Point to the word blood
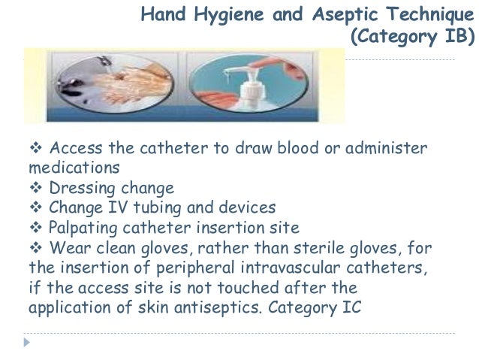click(x=279, y=147)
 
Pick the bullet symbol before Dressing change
click(x=35, y=186)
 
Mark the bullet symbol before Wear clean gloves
click(x=35, y=247)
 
